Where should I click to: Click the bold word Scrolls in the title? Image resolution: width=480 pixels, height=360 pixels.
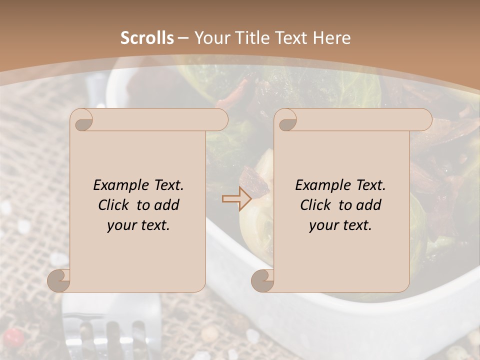[147, 38]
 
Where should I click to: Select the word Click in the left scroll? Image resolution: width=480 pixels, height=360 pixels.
[115, 205]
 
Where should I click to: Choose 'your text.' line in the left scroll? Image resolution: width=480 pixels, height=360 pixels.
[138, 225]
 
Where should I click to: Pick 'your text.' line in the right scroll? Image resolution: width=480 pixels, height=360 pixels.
[340, 225]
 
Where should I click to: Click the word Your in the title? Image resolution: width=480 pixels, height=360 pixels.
[210, 38]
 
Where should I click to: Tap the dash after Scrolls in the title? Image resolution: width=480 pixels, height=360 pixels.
[183, 38]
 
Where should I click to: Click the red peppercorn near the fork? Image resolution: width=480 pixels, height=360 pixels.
[14, 338]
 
